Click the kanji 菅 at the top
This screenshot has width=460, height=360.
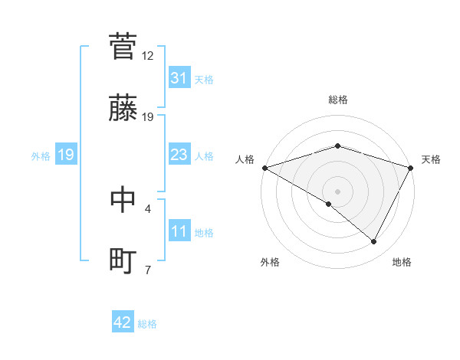(123, 46)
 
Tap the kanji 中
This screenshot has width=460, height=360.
(123, 198)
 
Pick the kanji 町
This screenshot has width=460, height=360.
(123, 260)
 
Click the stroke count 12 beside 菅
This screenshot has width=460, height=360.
(148, 56)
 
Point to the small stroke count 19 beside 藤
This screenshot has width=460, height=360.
(148, 116)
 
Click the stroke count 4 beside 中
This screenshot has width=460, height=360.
(148, 208)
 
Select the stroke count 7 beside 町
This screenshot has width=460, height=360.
(148, 270)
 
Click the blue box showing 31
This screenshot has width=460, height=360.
(179, 78)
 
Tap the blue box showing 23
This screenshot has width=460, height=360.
(179, 155)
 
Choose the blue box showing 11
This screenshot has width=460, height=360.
(179, 231)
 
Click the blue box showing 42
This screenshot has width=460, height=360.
(123, 323)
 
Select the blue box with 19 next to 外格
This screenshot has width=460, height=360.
(66, 155)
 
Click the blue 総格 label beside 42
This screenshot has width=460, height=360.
(147, 324)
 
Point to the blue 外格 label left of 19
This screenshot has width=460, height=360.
(41, 155)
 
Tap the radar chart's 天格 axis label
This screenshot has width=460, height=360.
(431, 159)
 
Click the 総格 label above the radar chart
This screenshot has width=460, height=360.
(337, 100)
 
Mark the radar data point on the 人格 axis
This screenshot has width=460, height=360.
(264, 167)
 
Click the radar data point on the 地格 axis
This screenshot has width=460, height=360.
(374, 242)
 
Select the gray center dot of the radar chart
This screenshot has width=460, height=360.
(337, 191)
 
